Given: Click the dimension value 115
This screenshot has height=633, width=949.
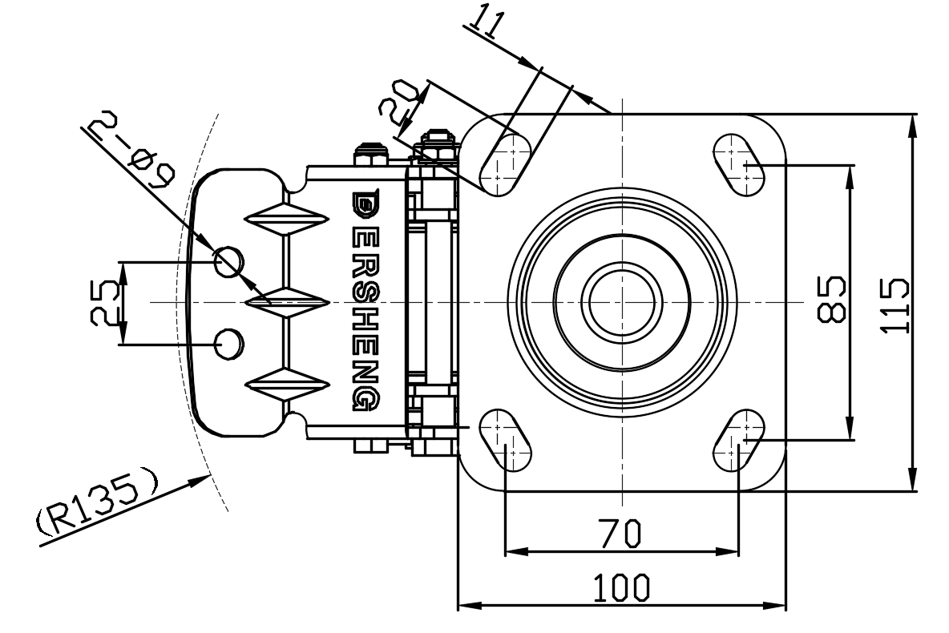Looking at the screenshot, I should point(895,305).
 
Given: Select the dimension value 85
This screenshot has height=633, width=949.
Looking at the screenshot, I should point(831,299).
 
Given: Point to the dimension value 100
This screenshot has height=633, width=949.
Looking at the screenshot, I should point(622,588).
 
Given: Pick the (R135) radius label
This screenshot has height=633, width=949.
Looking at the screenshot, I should point(98,502).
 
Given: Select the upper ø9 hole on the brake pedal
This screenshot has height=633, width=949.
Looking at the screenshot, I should point(228,260).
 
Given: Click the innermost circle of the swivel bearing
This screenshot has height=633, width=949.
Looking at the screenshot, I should point(622,302).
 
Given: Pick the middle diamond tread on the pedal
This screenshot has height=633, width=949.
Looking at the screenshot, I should point(285,301).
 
